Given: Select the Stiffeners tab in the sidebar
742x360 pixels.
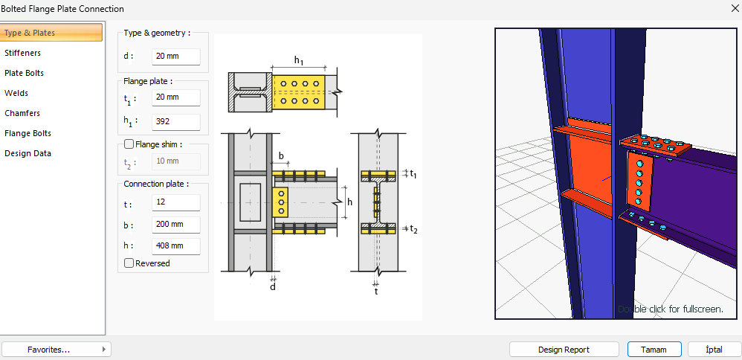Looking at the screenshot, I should coord(23,53).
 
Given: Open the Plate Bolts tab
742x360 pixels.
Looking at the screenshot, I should coord(25,73).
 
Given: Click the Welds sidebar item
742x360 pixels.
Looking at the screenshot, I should coord(16,93).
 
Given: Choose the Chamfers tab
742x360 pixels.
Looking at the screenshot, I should coord(22,113).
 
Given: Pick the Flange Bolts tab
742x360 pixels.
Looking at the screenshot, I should coord(28,133).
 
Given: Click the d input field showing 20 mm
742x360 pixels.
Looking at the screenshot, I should coord(175,57).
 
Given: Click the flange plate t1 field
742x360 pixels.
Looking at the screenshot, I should coord(175,97).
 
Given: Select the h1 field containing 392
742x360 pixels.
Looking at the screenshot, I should coord(175,121).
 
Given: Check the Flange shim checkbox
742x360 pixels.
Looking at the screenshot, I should coord(129,145).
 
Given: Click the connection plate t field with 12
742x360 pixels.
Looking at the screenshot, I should coord(175,203).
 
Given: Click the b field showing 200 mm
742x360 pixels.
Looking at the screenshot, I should coord(175,225).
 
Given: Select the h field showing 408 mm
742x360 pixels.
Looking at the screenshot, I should coord(175,245).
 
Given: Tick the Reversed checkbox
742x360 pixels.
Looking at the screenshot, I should coord(129,263).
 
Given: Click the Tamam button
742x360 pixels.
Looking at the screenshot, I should coord(654,350).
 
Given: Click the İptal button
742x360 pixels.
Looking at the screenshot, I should coord(714,350).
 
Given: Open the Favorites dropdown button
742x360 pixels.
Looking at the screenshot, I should coord(56,350).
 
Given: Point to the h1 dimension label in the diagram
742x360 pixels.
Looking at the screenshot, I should coord(298,60).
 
